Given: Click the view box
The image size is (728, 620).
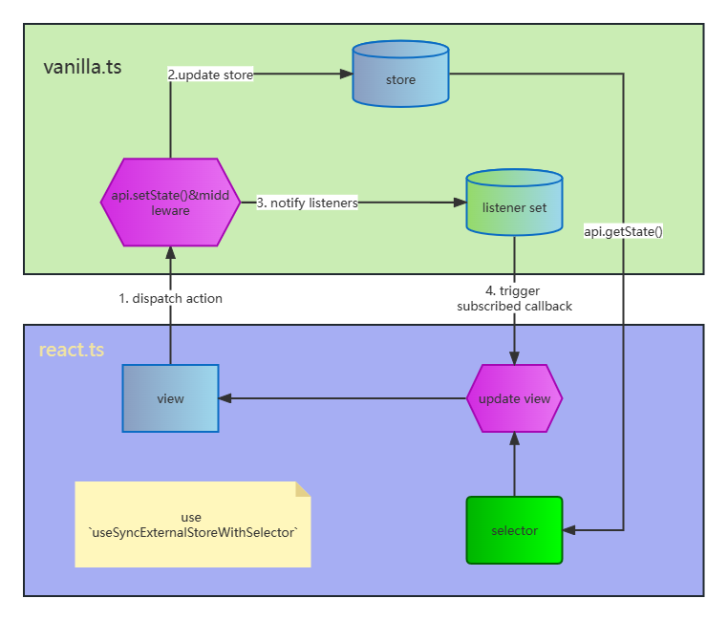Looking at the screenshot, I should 170,398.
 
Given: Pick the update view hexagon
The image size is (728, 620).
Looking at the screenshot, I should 514,398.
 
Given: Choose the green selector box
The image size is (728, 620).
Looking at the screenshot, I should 514,530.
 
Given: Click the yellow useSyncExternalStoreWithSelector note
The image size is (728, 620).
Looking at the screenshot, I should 192,524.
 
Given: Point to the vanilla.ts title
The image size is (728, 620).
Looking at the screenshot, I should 82,67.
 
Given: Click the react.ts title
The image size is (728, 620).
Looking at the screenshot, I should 71,350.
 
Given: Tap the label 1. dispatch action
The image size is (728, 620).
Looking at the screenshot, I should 170,298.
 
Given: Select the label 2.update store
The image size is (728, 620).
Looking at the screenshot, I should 210,75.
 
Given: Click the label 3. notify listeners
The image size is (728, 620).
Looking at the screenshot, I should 307,203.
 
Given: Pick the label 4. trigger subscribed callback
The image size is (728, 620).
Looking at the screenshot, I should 514,298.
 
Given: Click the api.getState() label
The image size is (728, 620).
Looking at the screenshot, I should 623,231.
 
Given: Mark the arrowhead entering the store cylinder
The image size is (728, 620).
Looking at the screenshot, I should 346,75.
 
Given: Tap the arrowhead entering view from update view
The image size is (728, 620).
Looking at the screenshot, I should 225,398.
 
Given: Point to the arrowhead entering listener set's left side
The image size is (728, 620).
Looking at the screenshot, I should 460,203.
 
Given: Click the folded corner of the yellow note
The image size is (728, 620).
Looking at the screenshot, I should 303,489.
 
